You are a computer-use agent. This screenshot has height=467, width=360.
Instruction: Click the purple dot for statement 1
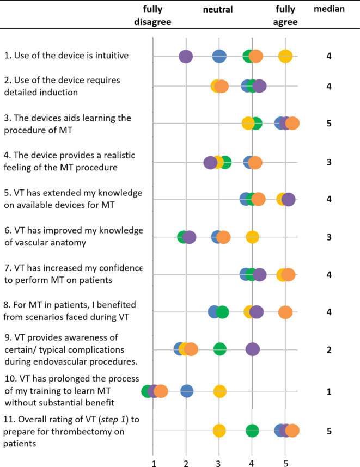tap(186, 56)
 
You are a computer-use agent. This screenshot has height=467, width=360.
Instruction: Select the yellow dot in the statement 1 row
tap(285, 56)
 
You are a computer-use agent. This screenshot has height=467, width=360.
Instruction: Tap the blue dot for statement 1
tap(219, 56)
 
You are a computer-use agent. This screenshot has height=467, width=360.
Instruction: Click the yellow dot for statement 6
tap(252, 237)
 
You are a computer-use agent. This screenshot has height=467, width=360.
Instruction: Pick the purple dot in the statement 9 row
tap(252, 349)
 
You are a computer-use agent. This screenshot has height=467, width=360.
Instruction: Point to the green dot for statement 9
tap(219, 349)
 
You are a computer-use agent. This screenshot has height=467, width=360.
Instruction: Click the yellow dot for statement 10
tap(219, 391)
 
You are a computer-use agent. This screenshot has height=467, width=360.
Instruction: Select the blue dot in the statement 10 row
tap(187, 391)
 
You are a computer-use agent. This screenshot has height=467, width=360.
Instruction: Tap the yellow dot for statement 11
tap(219, 431)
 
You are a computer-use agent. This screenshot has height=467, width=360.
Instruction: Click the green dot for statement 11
tap(252, 431)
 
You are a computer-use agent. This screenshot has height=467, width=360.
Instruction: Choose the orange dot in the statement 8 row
tap(285, 312)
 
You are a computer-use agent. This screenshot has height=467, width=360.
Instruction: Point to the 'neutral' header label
tap(218, 9)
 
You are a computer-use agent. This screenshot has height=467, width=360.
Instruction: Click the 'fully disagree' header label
tap(153, 16)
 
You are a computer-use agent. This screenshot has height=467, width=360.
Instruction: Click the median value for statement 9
tap(329, 349)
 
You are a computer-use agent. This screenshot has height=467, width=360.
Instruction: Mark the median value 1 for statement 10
tap(329, 391)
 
